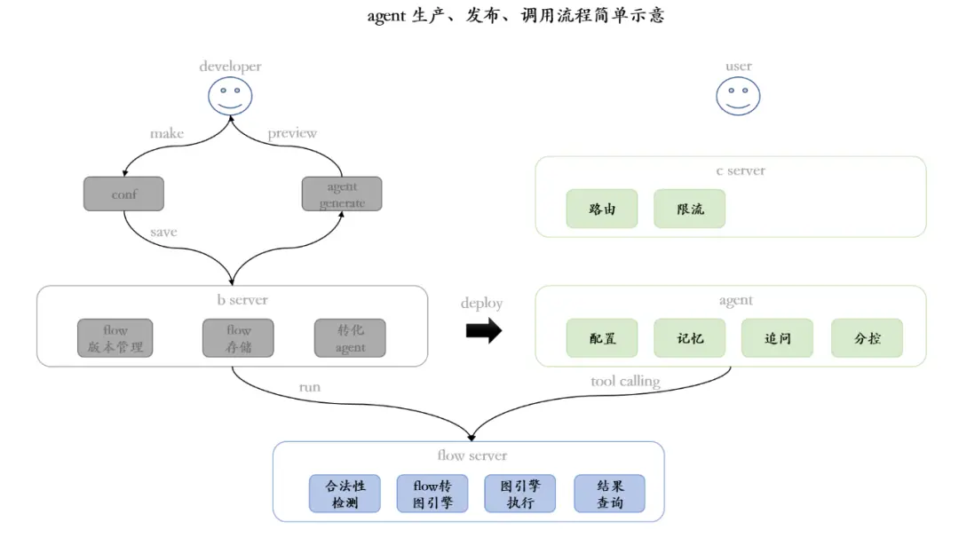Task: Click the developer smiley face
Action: pos(230,96)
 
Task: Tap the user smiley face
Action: pos(738,96)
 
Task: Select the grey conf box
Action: pos(123,194)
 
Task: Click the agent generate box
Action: pos(342,194)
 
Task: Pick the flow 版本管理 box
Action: pos(115,338)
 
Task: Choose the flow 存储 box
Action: pos(238,338)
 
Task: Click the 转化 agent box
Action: pos(350,338)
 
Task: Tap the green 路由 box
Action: pos(602,210)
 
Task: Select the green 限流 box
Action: pos(690,210)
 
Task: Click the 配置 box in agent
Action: pos(602,338)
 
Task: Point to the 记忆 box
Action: pos(690,338)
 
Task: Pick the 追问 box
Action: pos(777,338)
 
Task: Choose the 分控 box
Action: pos(867,338)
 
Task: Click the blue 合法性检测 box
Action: pos(345,494)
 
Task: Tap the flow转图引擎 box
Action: pos(432,494)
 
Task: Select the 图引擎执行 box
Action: pos(520,494)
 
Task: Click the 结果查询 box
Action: pos(609,494)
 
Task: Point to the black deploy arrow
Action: pos(483,331)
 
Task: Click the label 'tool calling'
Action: pos(625,382)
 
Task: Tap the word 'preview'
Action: pos(292,133)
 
